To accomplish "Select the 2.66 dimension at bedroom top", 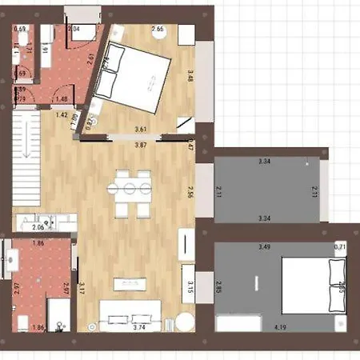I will pos(158,30).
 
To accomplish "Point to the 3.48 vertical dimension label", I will pos(190,77).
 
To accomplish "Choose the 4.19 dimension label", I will pos(281,326).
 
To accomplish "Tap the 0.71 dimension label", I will pos(339,246).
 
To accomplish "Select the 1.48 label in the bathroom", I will pos(61,99).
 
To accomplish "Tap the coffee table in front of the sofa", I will pos(130,282).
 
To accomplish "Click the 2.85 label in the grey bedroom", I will pos(219,286).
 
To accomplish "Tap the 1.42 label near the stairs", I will pos(61,115).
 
